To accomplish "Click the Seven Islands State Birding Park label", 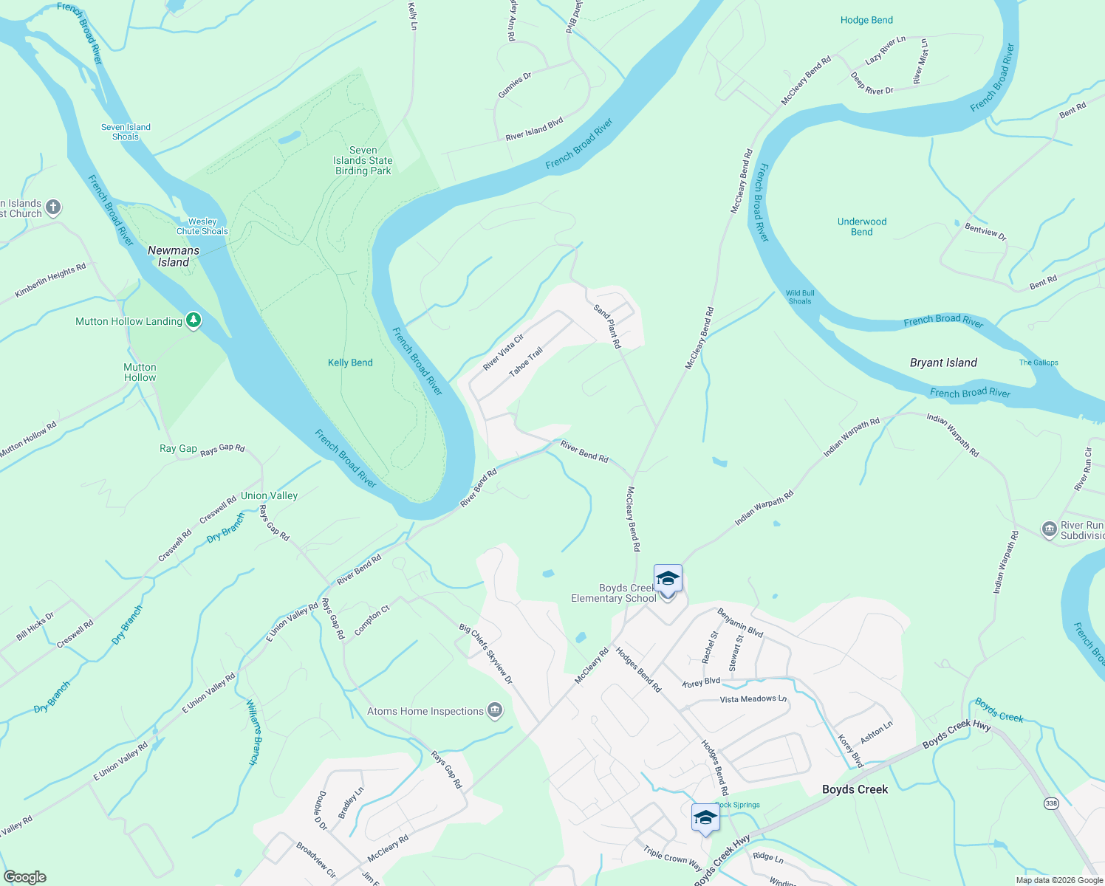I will point(363,160).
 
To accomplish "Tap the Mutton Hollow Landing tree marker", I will point(194,320).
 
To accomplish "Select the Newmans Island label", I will point(174,256).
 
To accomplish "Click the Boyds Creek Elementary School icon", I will point(668,579).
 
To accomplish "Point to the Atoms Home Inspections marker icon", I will point(495,711).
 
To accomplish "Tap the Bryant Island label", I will point(943,363).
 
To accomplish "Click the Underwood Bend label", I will point(862,227).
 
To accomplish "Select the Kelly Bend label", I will point(350,363).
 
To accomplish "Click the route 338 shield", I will point(1050,803).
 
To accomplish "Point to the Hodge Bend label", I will point(866,20).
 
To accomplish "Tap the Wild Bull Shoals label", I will point(800,297).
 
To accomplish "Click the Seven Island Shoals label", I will point(126,131).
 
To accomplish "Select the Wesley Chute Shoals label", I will point(202,226).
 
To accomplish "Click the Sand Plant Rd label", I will point(608,326).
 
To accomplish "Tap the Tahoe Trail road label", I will point(526,362).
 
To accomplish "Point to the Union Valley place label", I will point(269,495).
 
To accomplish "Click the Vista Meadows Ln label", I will point(753,698).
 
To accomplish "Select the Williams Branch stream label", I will point(253,732).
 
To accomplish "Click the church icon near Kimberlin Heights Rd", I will point(53,207).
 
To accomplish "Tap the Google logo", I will point(24,877).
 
